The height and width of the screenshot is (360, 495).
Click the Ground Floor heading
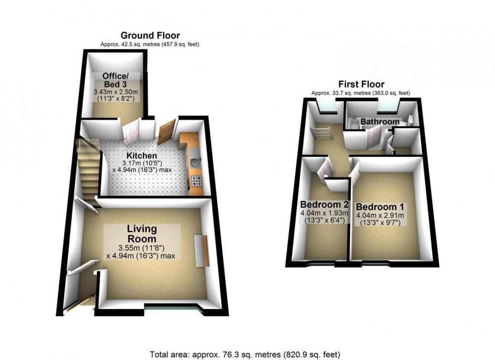pos(150,35)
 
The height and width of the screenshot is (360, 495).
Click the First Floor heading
pos(361,84)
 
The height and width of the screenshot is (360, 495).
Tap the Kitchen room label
pos(142,155)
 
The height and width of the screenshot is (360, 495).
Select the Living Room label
pos(142,233)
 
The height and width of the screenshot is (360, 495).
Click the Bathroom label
pos(380,122)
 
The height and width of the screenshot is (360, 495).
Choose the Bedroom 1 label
pos(380,207)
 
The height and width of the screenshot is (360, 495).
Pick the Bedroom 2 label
pos(324,205)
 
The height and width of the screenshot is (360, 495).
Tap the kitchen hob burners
pos(196,180)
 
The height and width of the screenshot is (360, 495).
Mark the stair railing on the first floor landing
pos(322,133)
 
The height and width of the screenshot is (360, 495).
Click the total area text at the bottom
pos(245,355)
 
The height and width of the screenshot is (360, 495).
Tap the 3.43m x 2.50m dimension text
pos(116,92)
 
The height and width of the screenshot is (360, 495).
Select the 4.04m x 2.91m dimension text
pos(380,216)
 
